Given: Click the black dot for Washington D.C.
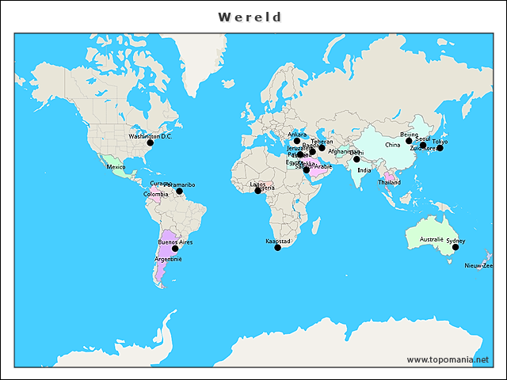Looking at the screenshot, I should coord(150,142).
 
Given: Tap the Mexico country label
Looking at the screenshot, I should coord(116,167).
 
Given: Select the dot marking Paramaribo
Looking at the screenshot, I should coord(179,191).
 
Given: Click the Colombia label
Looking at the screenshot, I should coord(155,194).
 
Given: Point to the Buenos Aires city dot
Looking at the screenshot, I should coord(175,249).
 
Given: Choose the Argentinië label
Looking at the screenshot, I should coord(169,259).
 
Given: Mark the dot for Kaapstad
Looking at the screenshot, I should coord(277,248).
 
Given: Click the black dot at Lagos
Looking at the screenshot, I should coord(257,191).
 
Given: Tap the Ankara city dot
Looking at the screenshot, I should coord(297,141).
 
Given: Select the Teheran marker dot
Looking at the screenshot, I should coord(322,148).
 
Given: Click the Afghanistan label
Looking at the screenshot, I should coord(344,151).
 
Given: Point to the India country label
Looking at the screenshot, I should coord(364,170).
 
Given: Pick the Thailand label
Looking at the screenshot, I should coord(389,182).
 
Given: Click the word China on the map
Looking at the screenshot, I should coord(393,146).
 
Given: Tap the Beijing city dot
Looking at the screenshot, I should coord(409,141).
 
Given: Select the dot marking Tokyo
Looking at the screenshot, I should coord(440,148).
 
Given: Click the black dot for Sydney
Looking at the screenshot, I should coord(456,247).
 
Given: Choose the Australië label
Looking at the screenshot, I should coord(431,238).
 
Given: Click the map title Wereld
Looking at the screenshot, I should coord(250,17).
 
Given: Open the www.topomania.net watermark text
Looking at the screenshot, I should coord(448,359).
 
